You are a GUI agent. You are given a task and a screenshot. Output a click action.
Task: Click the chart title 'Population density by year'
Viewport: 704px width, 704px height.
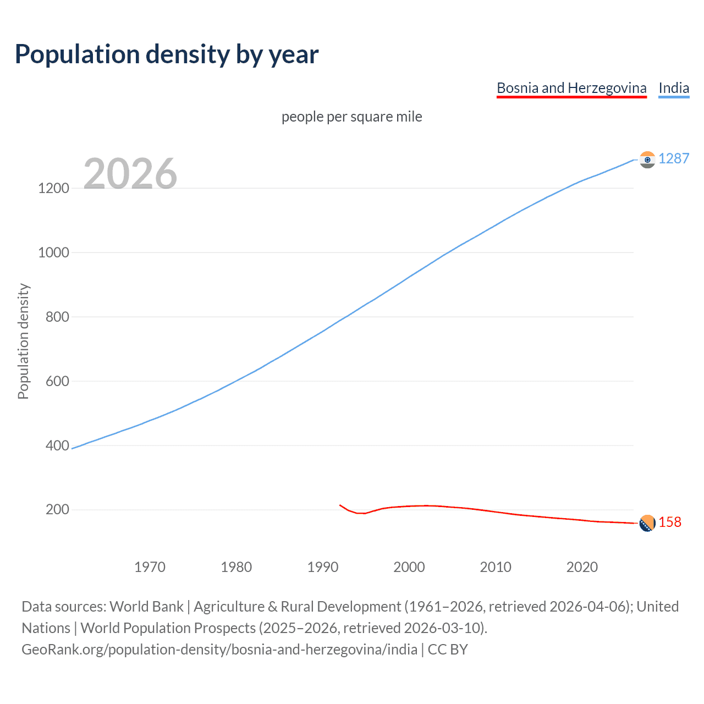click(166, 54)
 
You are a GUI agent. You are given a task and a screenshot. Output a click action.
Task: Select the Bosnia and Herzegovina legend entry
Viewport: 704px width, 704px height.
click(571, 88)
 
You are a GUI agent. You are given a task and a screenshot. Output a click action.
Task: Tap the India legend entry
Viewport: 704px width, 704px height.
click(674, 88)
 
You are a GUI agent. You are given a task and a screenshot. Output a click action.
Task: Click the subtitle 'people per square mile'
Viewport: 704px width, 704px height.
click(351, 117)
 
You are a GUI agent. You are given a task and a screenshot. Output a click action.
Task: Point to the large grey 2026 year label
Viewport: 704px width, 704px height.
click(130, 174)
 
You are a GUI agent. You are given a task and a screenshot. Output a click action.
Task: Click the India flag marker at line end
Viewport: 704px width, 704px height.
click(647, 159)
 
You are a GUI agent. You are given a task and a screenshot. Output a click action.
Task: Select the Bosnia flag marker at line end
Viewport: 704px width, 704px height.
click(647, 523)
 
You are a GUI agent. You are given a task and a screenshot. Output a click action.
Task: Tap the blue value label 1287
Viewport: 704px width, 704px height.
click(674, 158)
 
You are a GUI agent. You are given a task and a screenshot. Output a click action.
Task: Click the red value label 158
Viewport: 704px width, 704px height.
click(670, 522)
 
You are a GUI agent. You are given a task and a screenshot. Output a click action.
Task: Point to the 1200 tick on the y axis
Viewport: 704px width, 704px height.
click(53, 188)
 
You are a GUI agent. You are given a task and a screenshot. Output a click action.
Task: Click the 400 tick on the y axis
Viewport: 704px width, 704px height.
click(57, 446)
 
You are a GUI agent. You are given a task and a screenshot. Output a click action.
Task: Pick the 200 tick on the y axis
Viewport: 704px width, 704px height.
click(57, 510)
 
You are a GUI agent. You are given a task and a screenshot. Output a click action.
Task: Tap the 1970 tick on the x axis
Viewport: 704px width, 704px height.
click(150, 567)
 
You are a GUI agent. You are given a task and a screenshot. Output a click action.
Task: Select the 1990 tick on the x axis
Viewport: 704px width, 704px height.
click(323, 567)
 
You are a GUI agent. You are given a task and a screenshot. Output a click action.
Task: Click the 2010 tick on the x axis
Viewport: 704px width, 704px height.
click(496, 567)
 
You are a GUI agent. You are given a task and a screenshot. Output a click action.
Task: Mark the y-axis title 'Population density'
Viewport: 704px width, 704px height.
click(23, 341)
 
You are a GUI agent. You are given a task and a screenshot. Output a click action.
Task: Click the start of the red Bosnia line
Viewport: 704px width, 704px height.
click(340, 505)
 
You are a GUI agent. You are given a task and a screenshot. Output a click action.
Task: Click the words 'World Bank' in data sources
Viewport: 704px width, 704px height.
click(146, 607)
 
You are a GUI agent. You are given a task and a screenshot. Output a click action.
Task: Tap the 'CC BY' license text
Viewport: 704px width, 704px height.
click(448, 650)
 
